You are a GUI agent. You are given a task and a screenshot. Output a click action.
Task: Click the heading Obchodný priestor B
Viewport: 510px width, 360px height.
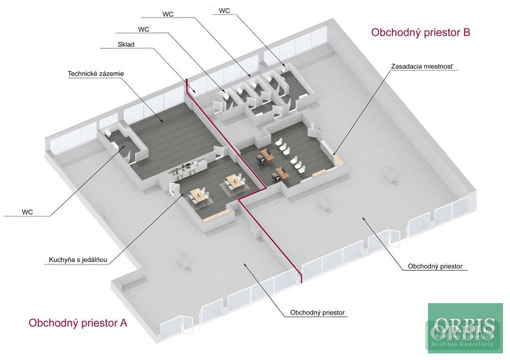point(420,33)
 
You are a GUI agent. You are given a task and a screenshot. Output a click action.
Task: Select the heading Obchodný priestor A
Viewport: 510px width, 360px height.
point(78,323)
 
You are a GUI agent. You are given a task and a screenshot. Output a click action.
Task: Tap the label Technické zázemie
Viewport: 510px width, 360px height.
point(96,74)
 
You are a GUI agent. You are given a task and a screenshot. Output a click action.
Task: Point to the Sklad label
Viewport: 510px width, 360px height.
point(126,44)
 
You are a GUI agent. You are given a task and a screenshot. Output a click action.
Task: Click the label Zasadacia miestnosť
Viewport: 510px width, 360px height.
point(422,66)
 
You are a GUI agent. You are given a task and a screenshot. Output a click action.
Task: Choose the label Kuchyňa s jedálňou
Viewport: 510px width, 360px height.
point(78,259)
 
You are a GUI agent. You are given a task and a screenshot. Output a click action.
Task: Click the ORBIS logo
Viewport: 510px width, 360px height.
point(465,329)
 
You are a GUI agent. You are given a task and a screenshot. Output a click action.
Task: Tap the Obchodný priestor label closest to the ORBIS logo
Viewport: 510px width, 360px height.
point(435,266)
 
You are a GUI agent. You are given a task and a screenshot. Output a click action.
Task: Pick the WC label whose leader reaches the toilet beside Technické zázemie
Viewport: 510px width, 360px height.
point(27,212)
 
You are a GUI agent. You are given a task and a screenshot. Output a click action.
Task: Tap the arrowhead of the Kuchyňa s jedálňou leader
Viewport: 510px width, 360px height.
point(181,193)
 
